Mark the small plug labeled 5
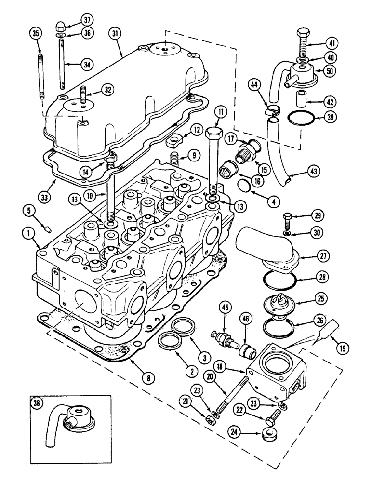tap(48, 228)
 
